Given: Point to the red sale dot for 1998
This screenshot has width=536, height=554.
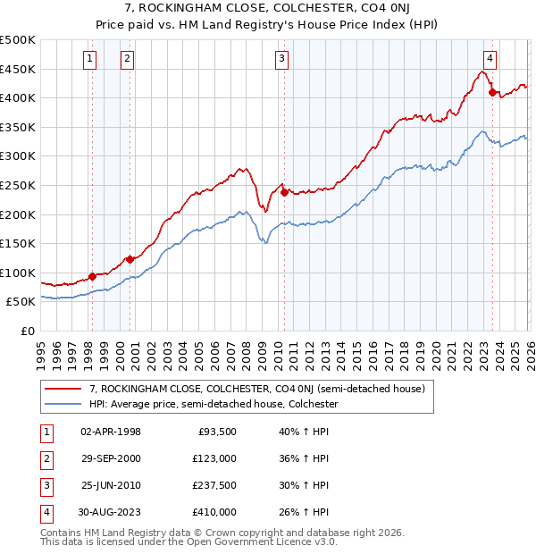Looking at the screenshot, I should [x=92, y=276].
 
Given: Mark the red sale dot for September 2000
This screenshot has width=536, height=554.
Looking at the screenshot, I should [x=130, y=259].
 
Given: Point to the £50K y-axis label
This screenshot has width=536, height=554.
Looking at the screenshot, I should [x=21, y=302].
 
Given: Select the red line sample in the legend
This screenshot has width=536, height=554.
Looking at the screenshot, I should [x=63, y=390].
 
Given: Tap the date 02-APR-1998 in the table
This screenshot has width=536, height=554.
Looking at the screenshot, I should [x=111, y=431].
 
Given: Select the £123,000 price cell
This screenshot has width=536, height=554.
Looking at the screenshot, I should [x=214, y=457].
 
